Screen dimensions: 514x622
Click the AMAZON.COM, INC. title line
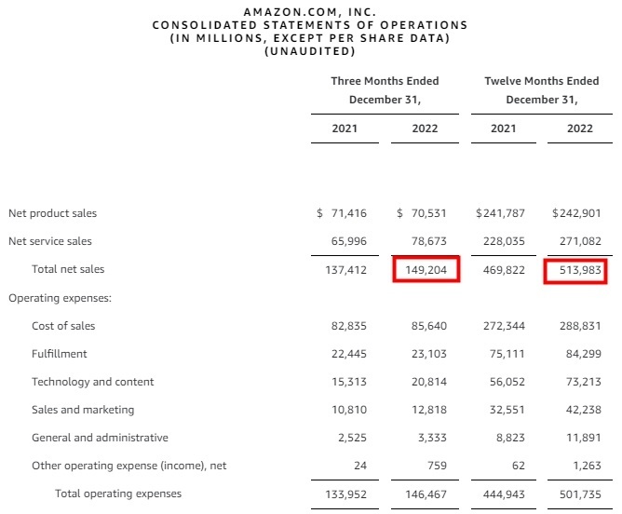coord(310,11)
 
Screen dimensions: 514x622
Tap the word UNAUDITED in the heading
coord(310,51)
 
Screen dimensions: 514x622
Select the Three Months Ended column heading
coord(385,81)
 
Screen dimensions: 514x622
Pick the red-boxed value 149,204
coord(426,269)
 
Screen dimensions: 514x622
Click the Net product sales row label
coord(52,213)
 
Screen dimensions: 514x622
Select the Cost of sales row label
coord(63,326)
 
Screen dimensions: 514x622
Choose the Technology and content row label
coord(93,382)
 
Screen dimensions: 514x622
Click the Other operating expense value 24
coord(360,466)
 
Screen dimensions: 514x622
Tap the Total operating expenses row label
coord(118,494)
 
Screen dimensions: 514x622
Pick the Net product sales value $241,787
coord(505,213)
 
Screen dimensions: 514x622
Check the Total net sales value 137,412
coord(345,269)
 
